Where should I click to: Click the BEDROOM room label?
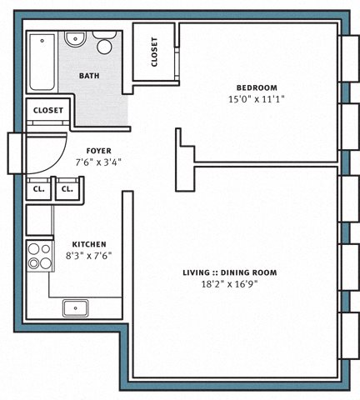coord(257,87)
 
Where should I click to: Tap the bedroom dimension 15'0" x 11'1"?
coord(257,99)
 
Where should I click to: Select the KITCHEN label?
coord(89,244)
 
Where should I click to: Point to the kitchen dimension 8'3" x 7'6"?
coord(88,256)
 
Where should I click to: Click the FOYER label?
coord(99,151)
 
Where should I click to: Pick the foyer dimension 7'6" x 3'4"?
coord(98,162)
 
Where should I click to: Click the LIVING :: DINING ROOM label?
coord(230,272)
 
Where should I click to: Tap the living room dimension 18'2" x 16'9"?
coord(229,284)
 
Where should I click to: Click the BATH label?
coord(89,76)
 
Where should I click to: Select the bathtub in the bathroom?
coord(42,62)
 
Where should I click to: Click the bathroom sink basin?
coord(75,39)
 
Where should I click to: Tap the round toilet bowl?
coord(104,47)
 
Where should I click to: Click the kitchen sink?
coord(76,308)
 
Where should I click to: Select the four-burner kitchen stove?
coord(40,256)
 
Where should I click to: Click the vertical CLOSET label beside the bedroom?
coord(154,52)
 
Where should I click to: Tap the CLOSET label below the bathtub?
coord(48,110)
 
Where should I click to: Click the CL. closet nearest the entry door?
coord(38,189)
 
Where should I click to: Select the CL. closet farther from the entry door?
coord(67,189)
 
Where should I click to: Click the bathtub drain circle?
coord(42,41)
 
